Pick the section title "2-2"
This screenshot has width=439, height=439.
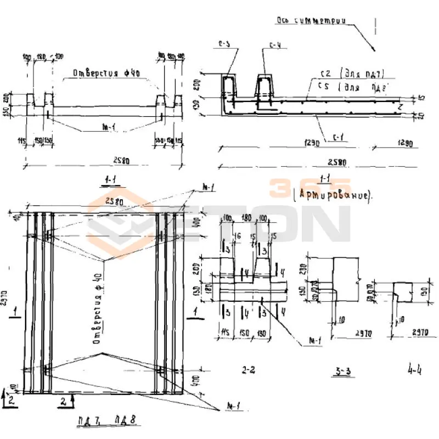(x=249, y=369)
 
